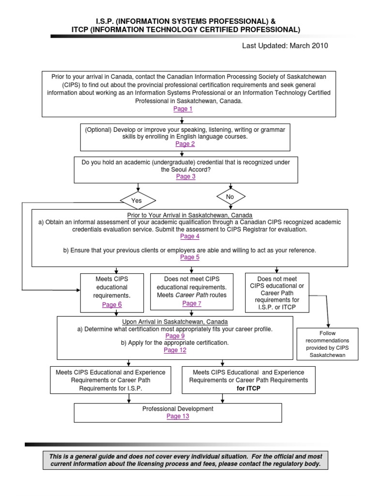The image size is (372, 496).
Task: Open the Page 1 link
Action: tap(183, 109)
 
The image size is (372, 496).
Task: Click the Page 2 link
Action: tap(185, 143)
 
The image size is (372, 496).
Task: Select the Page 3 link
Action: tap(186, 176)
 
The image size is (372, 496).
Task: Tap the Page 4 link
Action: tap(190, 236)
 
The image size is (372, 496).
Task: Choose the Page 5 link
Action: tap(190, 257)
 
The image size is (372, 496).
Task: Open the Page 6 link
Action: tap(112, 305)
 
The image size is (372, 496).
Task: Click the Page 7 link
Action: tap(192, 303)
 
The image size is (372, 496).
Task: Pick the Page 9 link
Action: tap(175, 336)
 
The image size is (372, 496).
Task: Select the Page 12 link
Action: tap(175, 350)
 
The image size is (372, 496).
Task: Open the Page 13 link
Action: tap(178, 416)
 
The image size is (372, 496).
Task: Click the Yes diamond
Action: tap(138, 201)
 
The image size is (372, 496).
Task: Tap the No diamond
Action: tap(231, 197)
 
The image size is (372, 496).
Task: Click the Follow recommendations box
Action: tap(327, 344)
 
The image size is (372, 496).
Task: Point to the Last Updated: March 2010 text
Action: tap(285, 46)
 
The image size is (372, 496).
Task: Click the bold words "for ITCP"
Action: tap(248, 388)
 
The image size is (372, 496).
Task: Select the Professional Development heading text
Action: tap(178, 409)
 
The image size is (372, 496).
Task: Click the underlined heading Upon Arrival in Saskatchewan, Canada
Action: tap(175, 322)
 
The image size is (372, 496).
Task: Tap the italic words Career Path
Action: tap(192, 295)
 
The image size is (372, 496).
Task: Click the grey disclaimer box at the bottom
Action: tap(186, 460)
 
